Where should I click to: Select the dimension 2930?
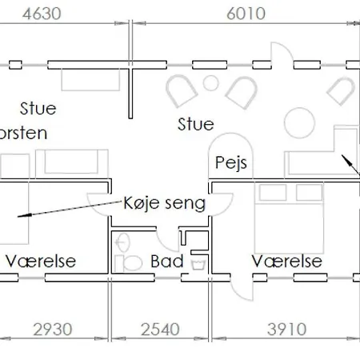(53, 330)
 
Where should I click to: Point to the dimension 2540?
(161, 330)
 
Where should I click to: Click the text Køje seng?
(165, 203)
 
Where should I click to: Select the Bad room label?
(167, 262)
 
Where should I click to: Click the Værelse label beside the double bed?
(286, 262)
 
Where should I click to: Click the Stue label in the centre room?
(195, 124)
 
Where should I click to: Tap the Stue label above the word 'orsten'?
(38, 106)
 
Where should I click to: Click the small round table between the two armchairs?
(210, 82)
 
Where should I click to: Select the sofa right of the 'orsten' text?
(72, 162)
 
